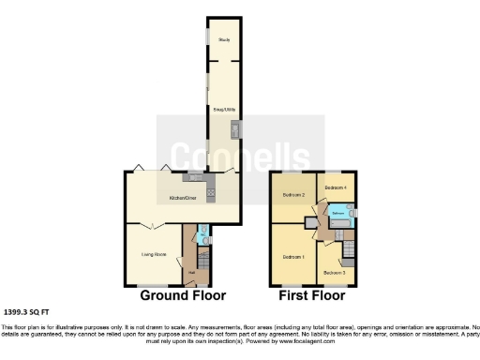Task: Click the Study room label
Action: (x=224, y=40)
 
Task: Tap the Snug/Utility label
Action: (x=224, y=110)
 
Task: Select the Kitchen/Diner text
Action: (x=182, y=198)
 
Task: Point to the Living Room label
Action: (x=154, y=253)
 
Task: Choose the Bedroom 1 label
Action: (x=292, y=256)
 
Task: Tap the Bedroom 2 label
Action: (x=294, y=195)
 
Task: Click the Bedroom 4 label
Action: (x=336, y=187)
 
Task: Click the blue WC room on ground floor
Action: (x=202, y=236)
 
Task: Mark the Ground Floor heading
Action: (x=184, y=295)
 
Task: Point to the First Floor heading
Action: (x=312, y=295)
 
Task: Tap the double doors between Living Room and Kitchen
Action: (x=154, y=226)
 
